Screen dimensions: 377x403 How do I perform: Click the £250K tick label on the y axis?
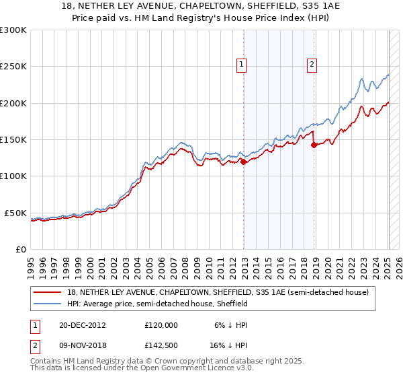[13, 67]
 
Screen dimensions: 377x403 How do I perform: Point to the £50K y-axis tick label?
[15, 213]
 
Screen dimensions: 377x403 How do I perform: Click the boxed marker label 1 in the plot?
[241, 65]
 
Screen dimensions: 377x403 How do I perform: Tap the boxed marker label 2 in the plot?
[312, 65]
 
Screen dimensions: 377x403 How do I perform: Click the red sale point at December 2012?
[244, 162]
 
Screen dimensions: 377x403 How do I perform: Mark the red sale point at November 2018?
[314, 145]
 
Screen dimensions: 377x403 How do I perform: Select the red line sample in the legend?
[48, 293]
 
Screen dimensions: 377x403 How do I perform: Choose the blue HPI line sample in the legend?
[48, 304]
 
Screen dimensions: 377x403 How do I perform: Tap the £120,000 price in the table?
[161, 324]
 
